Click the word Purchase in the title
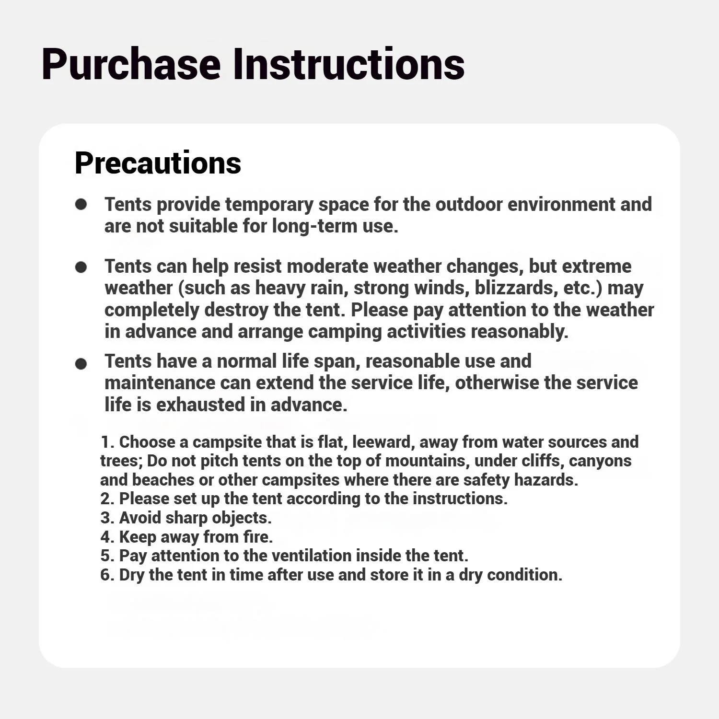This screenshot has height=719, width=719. (130, 65)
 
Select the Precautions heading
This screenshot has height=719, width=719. (158, 163)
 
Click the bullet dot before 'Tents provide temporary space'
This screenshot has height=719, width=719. (81, 205)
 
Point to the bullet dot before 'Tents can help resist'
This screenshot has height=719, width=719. (81, 267)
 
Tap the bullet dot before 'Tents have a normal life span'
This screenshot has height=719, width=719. (81, 364)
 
